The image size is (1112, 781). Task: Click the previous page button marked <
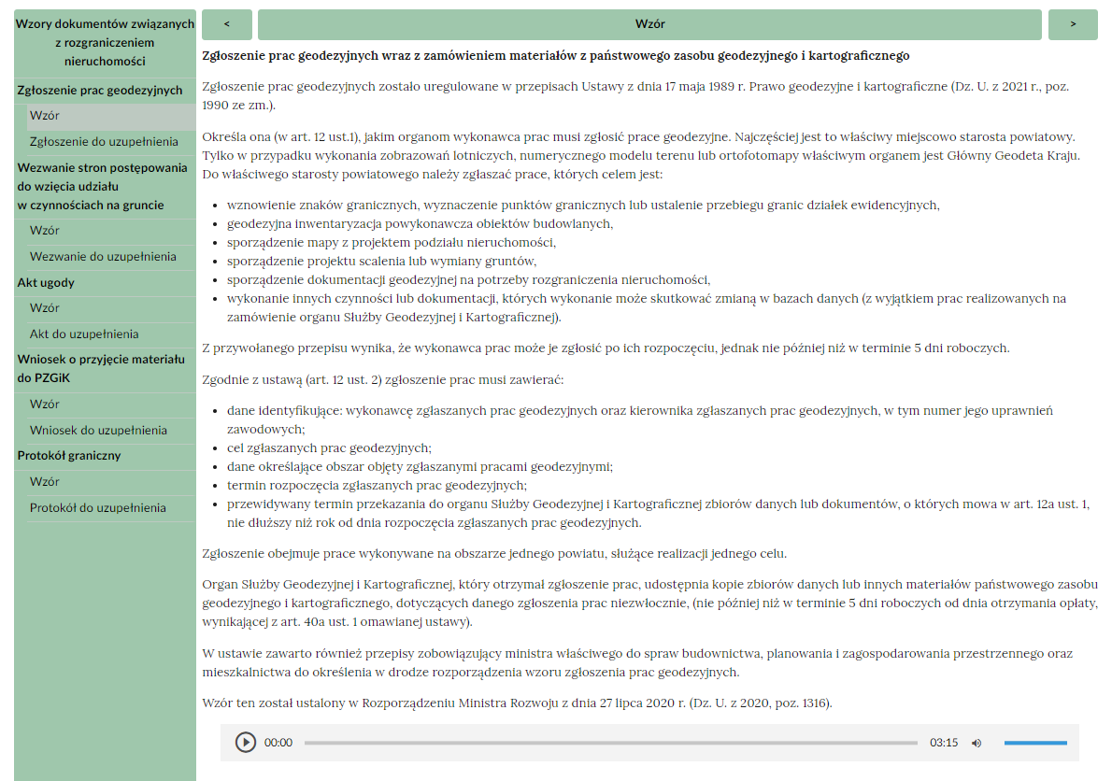pyautogui.click(x=226, y=24)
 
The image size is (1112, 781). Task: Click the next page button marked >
pyautogui.click(x=1073, y=24)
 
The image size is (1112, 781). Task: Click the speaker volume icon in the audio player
pyautogui.click(x=977, y=743)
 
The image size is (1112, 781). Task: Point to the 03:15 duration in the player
pyautogui.click(x=944, y=743)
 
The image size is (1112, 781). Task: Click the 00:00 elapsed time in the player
pyautogui.click(x=278, y=743)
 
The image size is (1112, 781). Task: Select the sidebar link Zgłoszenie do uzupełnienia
pyautogui.click(x=104, y=141)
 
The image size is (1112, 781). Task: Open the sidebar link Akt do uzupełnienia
pyautogui.click(x=84, y=334)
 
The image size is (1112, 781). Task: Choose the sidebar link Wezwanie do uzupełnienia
pyautogui.click(x=103, y=256)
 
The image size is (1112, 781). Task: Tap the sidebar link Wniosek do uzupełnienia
pyautogui.click(x=98, y=430)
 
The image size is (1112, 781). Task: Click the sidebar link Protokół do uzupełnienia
pyautogui.click(x=98, y=507)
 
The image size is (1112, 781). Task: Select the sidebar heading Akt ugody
pyautogui.click(x=46, y=282)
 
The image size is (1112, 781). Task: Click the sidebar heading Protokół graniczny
pyautogui.click(x=70, y=455)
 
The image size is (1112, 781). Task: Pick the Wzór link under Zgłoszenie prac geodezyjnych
pyautogui.click(x=45, y=116)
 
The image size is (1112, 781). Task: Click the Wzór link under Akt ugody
pyautogui.click(x=45, y=307)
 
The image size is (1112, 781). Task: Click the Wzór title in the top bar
pyautogui.click(x=649, y=24)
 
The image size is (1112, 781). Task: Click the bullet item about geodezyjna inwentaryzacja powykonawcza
pyautogui.click(x=420, y=223)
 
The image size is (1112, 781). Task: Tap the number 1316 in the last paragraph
pyautogui.click(x=814, y=703)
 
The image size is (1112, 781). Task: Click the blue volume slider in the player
pyautogui.click(x=1035, y=743)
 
